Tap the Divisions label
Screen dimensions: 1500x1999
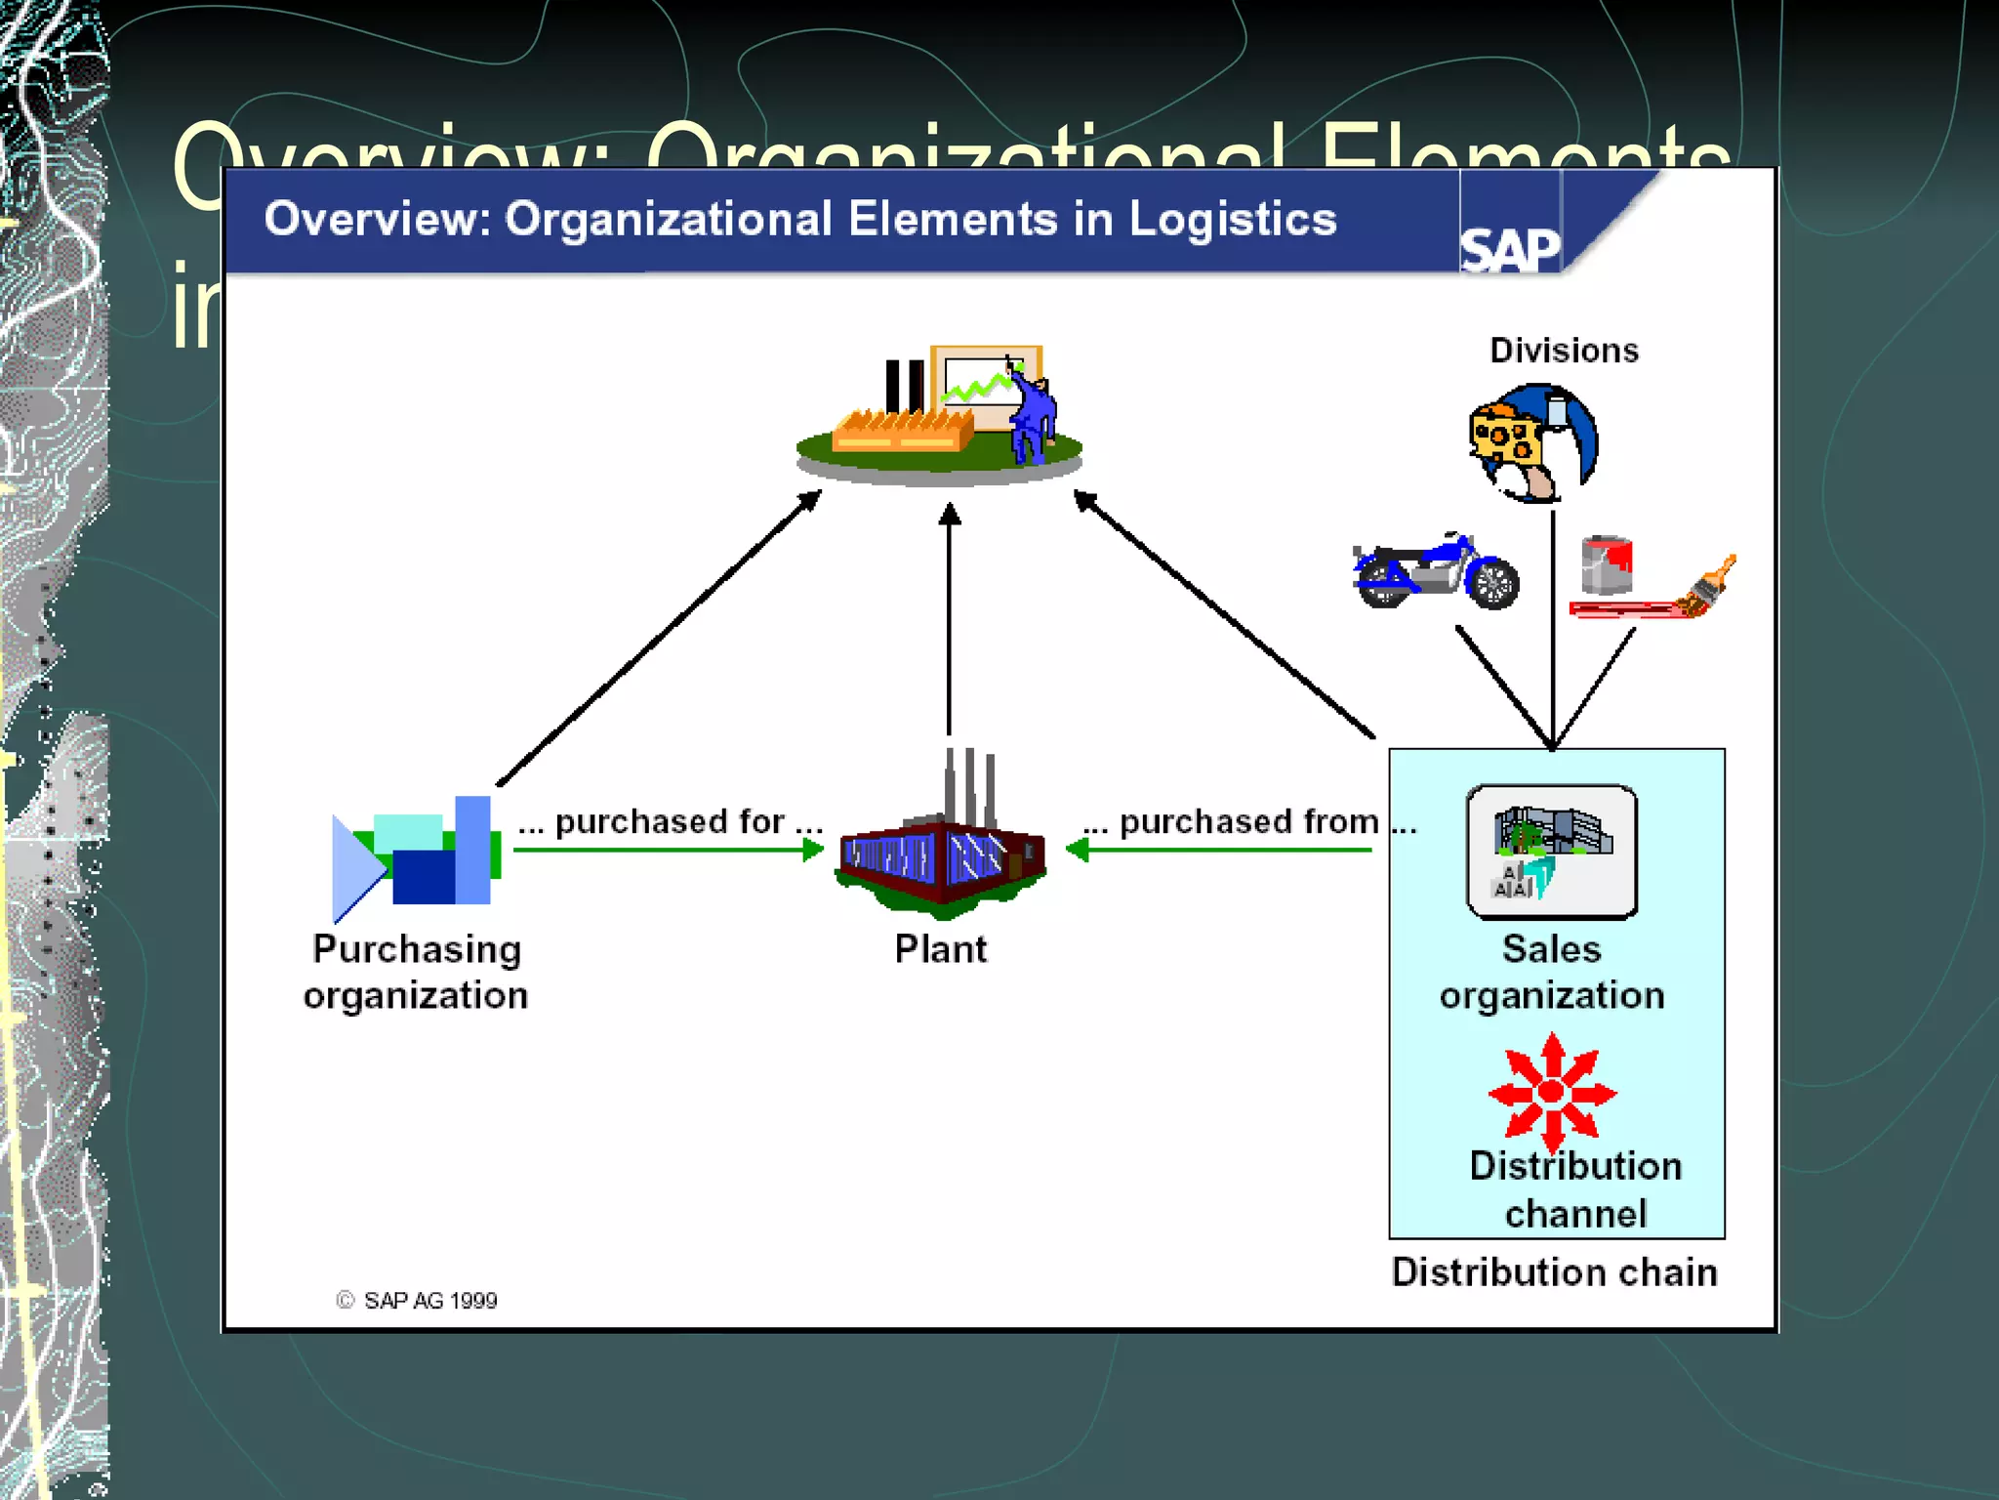tap(1564, 351)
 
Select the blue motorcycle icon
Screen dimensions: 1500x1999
tap(1435, 572)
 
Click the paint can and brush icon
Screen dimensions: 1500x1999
tap(1650, 578)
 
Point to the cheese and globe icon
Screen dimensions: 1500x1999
tap(1532, 442)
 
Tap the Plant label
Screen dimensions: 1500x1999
tap(941, 949)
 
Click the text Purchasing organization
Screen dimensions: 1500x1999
tap(417, 973)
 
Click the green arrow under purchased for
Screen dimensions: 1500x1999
tap(669, 851)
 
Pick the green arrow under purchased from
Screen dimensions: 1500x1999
tap(1220, 851)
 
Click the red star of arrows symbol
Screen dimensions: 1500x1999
tap(1552, 1092)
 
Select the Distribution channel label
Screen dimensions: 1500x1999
tap(1575, 1189)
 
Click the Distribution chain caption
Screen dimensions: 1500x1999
tap(1554, 1272)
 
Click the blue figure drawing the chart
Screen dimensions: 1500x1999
tap(1031, 415)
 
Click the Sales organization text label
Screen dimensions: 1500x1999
tap(1552, 973)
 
